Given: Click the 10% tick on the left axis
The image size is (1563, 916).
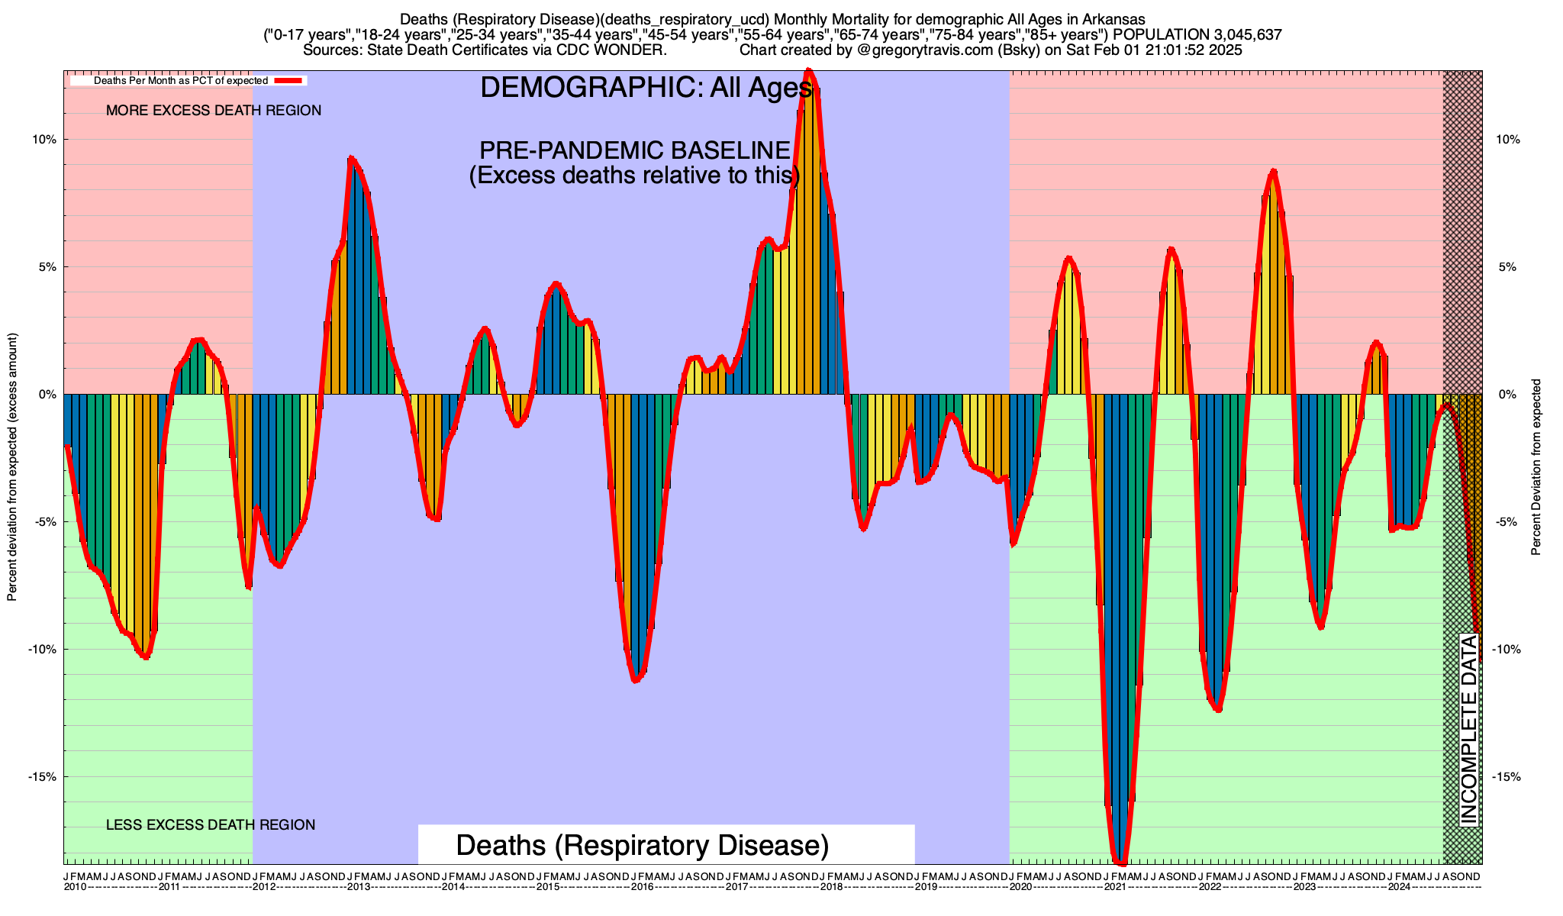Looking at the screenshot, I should click(x=44, y=140).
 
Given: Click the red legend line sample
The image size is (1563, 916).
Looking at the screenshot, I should click(x=290, y=80).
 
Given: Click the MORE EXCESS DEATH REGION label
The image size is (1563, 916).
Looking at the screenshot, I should click(x=214, y=111).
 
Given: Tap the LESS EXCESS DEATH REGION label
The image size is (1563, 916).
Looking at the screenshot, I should click(x=211, y=825).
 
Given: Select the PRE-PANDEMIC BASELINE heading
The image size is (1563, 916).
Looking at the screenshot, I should click(x=634, y=150).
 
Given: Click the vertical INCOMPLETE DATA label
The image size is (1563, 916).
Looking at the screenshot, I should click(x=1468, y=729).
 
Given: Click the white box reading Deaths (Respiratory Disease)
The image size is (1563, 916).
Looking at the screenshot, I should click(x=643, y=846).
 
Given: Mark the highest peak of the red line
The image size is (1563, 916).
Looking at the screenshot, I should click(x=809, y=71).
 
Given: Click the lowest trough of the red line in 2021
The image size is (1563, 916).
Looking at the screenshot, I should click(x=1120, y=863).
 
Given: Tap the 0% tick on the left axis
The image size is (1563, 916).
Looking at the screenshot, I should click(x=47, y=395).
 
